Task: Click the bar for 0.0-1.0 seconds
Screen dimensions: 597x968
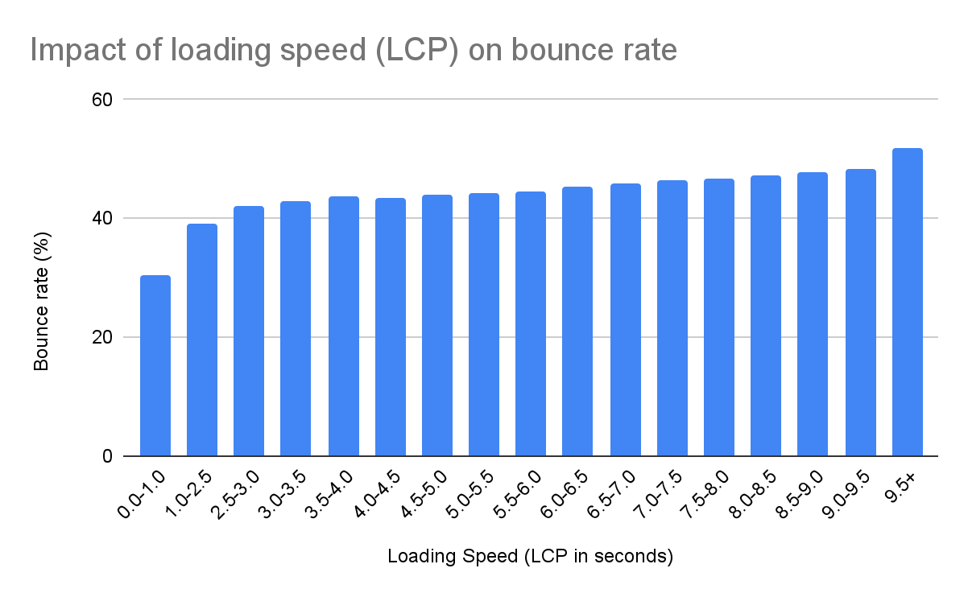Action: pos(155,366)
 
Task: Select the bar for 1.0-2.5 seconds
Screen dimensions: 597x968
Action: pos(202,340)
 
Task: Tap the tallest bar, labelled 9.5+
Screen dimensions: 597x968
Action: pos(908,303)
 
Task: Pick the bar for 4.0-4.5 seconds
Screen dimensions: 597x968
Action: pos(391,327)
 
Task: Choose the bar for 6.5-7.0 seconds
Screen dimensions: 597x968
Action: pos(626,320)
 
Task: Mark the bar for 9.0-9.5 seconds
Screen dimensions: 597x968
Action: pos(861,313)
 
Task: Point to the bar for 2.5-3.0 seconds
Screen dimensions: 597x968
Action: pos(249,331)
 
